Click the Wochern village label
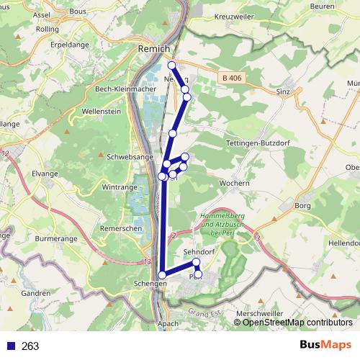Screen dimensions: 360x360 (x=234, y=184)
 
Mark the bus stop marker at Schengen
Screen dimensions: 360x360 (x=162, y=275)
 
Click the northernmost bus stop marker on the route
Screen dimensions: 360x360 (x=171, y=66)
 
